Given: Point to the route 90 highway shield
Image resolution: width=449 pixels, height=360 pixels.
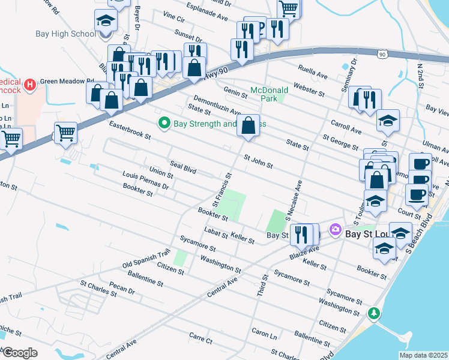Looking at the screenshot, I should pos(382,55).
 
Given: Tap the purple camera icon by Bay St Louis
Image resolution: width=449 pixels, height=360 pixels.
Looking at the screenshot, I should pos(335,229).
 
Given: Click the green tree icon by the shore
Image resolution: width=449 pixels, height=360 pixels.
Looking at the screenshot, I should pos(373,313).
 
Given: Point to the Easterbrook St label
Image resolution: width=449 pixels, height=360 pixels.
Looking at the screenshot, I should pos(130,129).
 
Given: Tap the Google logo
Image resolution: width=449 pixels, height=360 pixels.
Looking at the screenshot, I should pos(20,353).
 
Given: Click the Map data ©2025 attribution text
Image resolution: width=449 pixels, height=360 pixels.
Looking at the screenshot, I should pos(423,355).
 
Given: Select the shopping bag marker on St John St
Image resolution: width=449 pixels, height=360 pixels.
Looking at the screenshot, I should pos(249,126).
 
